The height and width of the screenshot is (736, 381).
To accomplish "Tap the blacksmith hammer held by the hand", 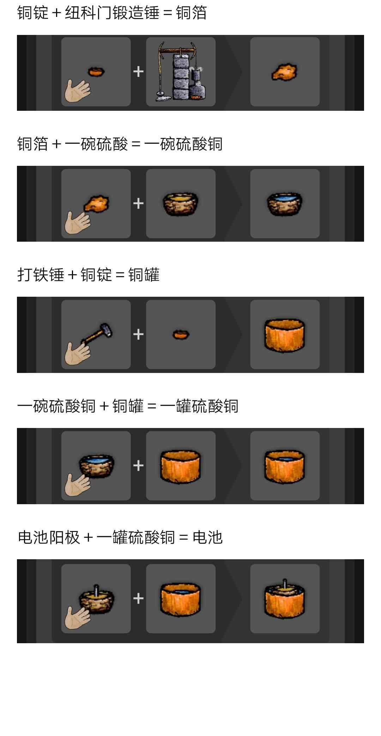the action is pyautogui.click(x=97, y=334).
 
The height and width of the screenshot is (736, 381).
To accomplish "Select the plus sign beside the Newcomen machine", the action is pyautogui.click(x=138, y=72).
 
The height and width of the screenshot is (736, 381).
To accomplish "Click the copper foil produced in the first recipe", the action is pyautogui.click(x=284, y=72).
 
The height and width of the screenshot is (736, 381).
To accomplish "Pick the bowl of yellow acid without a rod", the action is pyautogui.click(x=180, y=203).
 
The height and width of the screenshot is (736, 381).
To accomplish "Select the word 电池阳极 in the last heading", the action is pyautogui.click(x=49, y=537).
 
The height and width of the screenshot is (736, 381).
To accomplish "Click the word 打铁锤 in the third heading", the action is pyautogui.click(x=41, y=275).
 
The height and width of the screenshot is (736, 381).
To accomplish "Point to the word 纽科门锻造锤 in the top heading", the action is pyautogui.click(x=112, y=13).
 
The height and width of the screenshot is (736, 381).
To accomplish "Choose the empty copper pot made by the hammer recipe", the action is pyautogui.click(x=285, y=336).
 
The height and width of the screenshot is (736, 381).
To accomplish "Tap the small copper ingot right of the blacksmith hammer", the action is pyautogui.click(x=181, y=334).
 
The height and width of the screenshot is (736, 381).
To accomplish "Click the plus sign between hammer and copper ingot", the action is pyautogui.click(x=138, y=334).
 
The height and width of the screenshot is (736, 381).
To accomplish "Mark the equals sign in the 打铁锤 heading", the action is pyautogui.click(x=120, y=275).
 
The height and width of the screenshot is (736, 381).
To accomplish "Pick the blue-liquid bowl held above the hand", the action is pyautogui.click(x=97, y=466).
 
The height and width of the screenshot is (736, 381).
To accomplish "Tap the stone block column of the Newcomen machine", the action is pyautogui.click(x=181, y=77).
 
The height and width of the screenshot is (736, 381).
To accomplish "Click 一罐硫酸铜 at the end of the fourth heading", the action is pyautogui.click(x=199, y=406).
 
